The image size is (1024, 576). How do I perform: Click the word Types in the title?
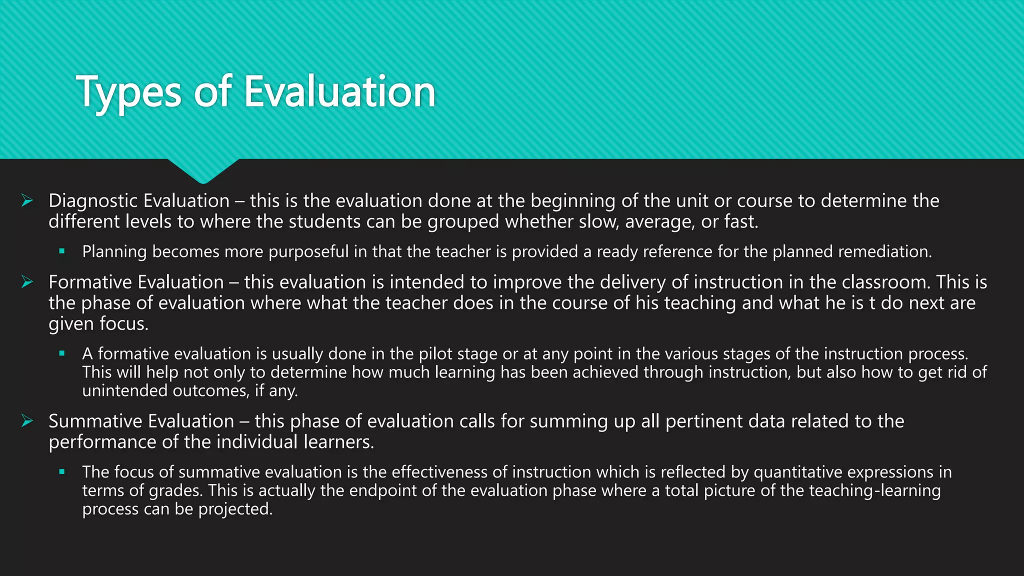tap(128, 92)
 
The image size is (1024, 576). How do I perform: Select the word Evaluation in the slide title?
tap(340, 91)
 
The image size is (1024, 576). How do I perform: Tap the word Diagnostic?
tap(93, 200)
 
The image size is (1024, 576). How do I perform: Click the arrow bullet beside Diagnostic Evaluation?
tap(27, 200)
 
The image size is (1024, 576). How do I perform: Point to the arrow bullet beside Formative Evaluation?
tap(27, 282)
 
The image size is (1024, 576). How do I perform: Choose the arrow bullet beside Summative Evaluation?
tap(27, 421)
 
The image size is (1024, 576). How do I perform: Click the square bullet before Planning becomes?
tap(62, 251)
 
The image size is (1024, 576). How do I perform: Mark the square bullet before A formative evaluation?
tap(62, 353)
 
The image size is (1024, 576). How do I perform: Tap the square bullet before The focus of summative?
tap(62, 471)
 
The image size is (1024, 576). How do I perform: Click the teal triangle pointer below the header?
tap(203, 170)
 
